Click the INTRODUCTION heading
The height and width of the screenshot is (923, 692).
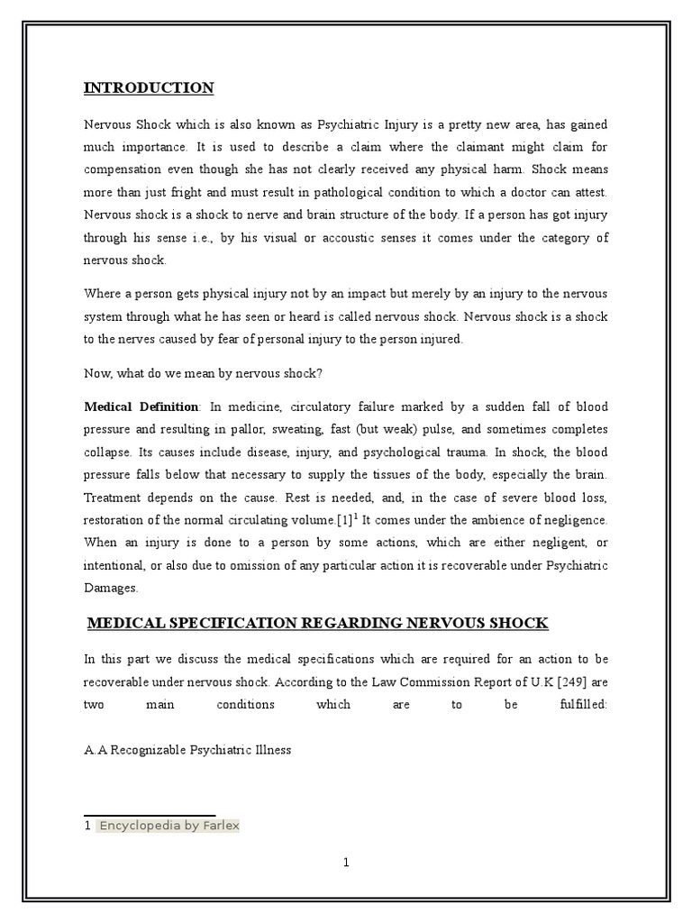click(x=149, y=87)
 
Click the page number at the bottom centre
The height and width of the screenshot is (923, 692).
click(x=346, y=863)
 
